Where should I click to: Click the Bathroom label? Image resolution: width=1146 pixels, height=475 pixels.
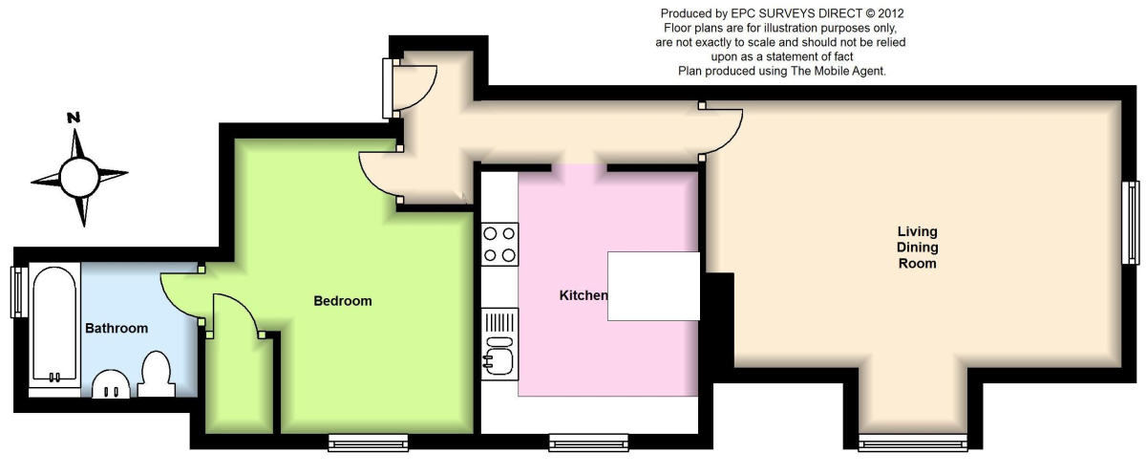tap(117, 328)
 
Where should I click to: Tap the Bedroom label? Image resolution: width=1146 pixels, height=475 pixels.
tap(343, 301)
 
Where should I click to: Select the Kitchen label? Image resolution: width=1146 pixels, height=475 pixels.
tap(584, 295)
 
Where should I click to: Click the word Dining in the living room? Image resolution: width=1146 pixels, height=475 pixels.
tap(918, 248)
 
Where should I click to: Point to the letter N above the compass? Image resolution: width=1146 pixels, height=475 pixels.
tap(74, 118)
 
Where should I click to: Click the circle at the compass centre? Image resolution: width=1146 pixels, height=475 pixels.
tap(78, 177)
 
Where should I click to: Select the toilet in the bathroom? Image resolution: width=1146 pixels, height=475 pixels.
tap(156, 374)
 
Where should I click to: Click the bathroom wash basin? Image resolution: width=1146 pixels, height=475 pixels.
tap(111, 384)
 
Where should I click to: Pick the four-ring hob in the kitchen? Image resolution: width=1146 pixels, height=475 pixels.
tap(499, 244)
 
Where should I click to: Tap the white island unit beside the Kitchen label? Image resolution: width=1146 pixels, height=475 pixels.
tap(653, 286)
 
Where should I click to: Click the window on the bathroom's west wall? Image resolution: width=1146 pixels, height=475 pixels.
tap(19, 291)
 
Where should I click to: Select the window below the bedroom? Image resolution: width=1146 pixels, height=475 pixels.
tap(369, 443)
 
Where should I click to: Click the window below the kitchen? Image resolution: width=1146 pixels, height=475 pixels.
tap(588, 443)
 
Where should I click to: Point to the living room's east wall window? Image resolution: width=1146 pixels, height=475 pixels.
tap(1131, 223)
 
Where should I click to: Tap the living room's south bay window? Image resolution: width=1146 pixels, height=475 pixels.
tap(913, 443)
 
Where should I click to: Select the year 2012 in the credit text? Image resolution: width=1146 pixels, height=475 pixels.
tap(891, 13)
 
